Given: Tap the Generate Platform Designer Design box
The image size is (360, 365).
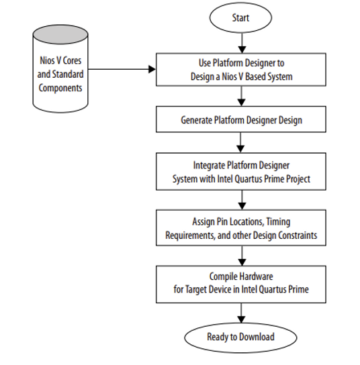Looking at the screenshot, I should [240, 121].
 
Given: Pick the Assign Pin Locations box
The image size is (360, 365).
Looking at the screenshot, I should [240, 229].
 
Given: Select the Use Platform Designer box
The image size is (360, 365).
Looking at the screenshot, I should [240, 70].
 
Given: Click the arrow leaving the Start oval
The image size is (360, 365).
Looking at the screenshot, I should [240, 43].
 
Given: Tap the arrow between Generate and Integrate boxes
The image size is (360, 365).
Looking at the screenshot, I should [240, 143].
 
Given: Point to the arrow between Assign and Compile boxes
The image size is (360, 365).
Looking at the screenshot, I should [240, 256].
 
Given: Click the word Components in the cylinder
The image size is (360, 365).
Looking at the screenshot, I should [61, 88].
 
